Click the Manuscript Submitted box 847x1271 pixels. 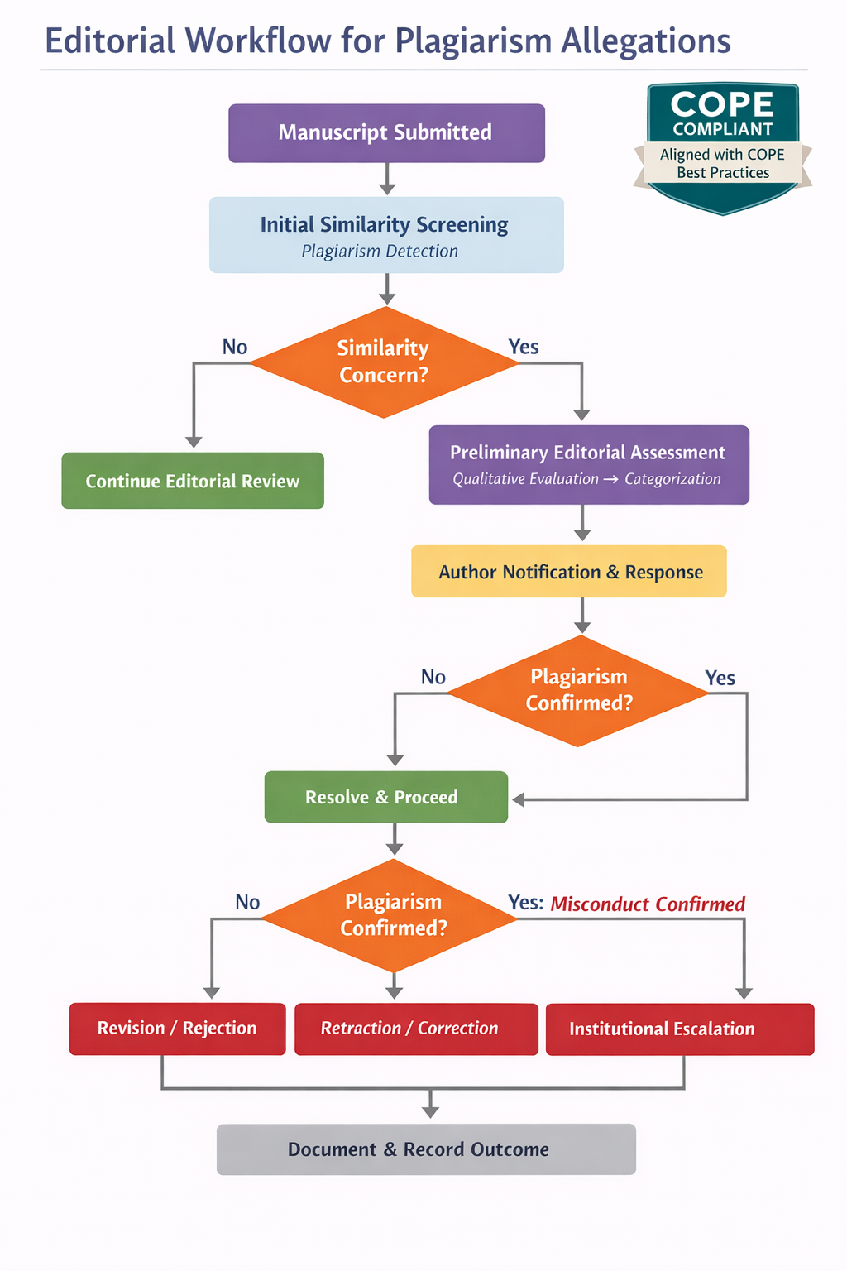(386, 132)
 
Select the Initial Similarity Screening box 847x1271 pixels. (386, 234)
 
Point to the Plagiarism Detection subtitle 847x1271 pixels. (380, 252)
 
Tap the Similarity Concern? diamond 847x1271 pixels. (384, 362)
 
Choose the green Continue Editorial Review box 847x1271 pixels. (193, 481)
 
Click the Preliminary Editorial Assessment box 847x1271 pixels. (588, 464)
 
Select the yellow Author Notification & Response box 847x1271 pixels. (569, 572)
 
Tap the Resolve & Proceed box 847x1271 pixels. (385, 797)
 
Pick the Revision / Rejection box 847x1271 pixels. (177, 1029)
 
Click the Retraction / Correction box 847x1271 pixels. (416, 1029)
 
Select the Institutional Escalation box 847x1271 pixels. (680, 1029)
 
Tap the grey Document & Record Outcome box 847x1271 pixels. (426, 1149)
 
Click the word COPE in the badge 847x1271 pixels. (722, 105)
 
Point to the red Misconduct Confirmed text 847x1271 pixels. (648, 904)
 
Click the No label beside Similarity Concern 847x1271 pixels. (235, 348)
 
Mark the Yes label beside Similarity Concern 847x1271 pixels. (524, 348)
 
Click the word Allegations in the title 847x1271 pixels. (646, 41)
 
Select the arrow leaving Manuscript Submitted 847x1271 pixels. (386, 179)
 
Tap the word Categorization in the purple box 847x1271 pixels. (672, 479)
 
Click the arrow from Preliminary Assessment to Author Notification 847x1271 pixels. (582, 524)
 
